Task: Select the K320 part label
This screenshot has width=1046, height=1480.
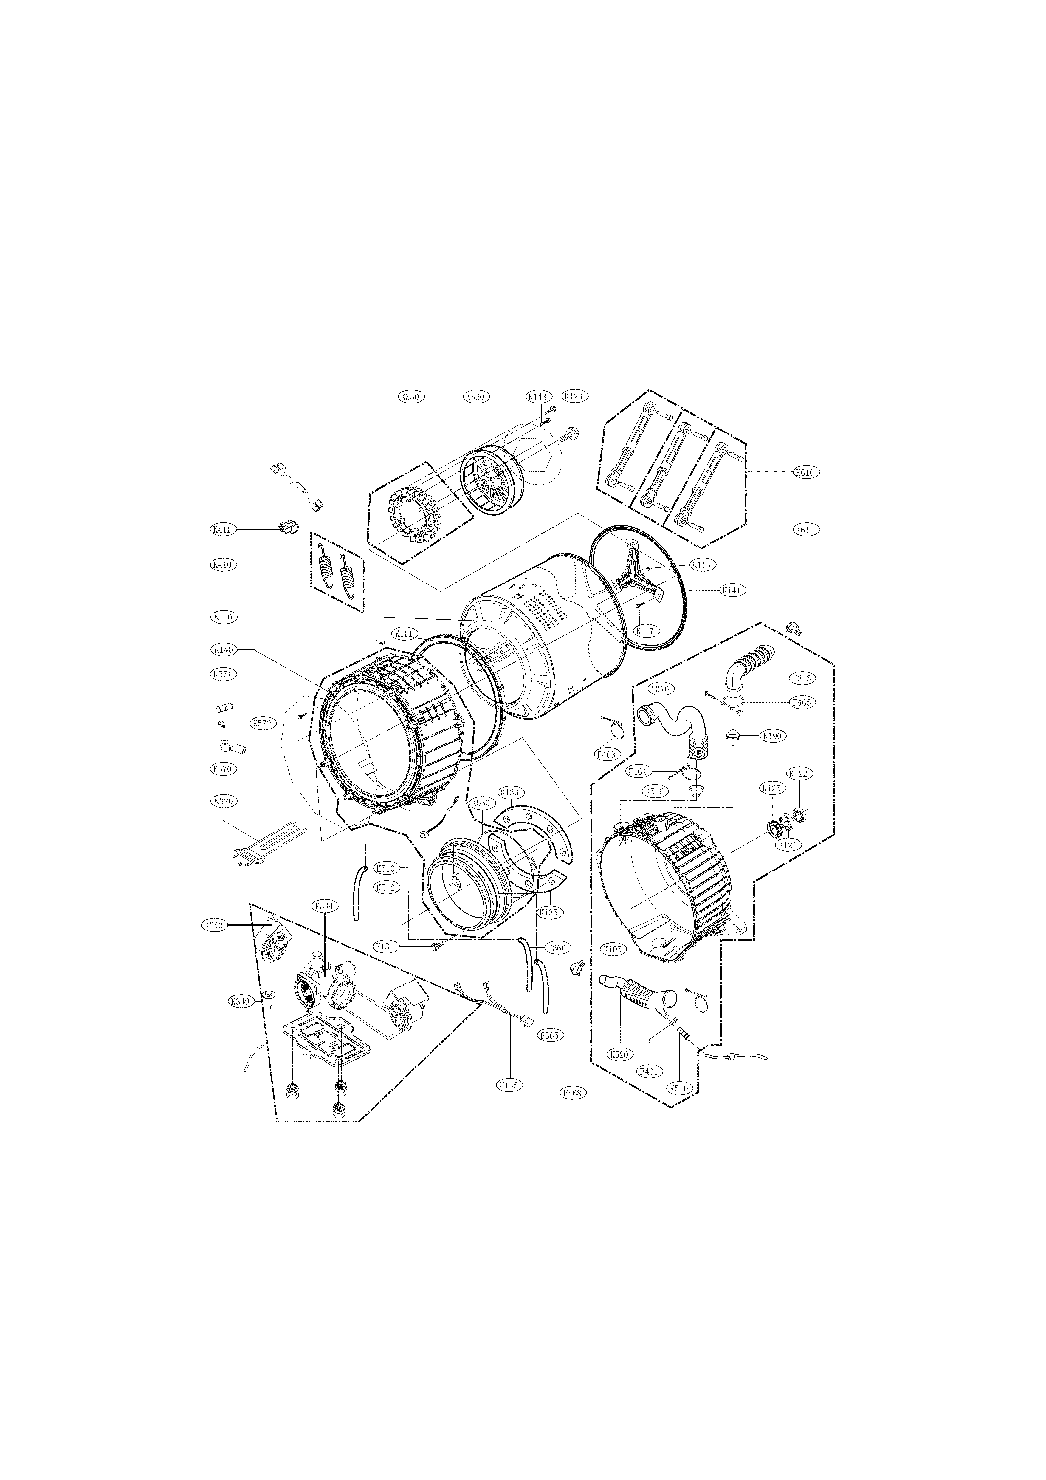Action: coord(223,801)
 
